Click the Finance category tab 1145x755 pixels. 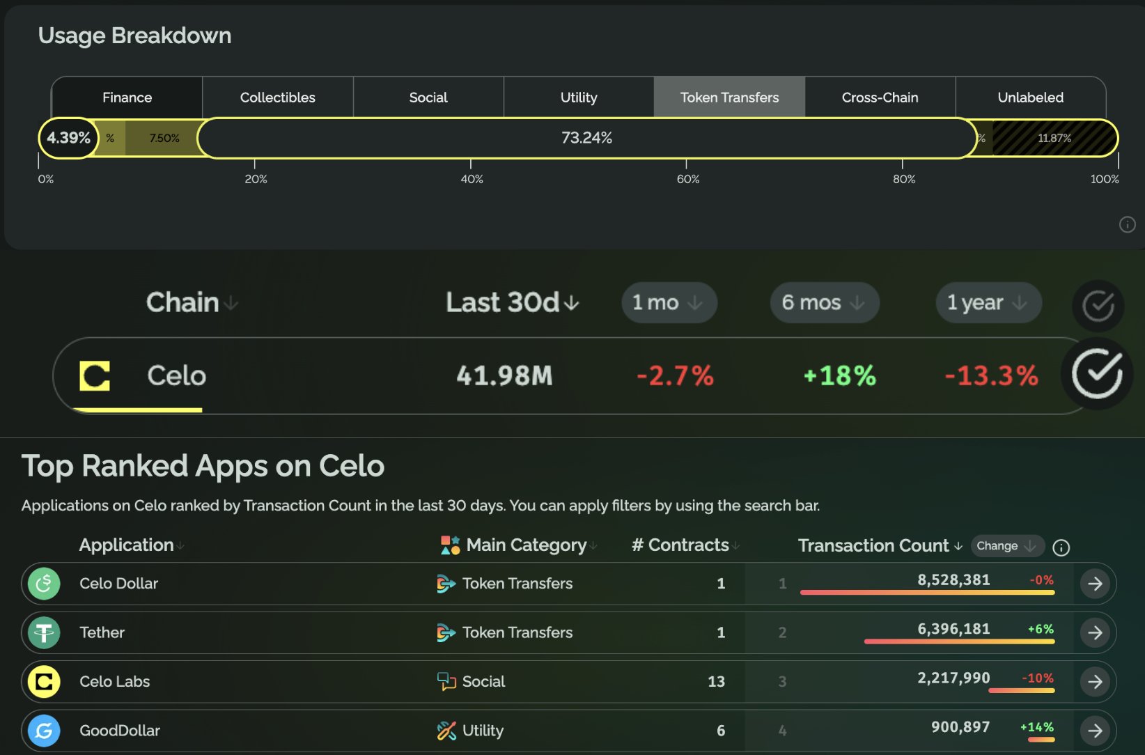click(127, 98)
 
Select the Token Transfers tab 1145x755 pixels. click(729, 98)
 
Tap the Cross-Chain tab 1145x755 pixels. click(880, 98)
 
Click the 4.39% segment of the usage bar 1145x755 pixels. click(68, 138)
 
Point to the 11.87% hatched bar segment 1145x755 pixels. click(1054, 138)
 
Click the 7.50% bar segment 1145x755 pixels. click(164, 138)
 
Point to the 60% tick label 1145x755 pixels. click(687, 179)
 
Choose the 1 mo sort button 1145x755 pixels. click(669, 302)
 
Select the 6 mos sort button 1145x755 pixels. click(824, 302)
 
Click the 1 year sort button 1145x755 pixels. click(988, 302)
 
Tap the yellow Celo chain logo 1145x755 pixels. click(95, 376)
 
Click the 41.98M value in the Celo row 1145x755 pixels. click(504, 376)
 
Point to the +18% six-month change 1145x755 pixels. click(839, 376)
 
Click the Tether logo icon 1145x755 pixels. click(44, 632)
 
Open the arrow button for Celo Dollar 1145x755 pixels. click(1095, 584)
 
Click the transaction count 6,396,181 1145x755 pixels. click(953, 629)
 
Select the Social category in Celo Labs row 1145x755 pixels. click(483, 681)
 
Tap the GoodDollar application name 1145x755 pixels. click(120, 731)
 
